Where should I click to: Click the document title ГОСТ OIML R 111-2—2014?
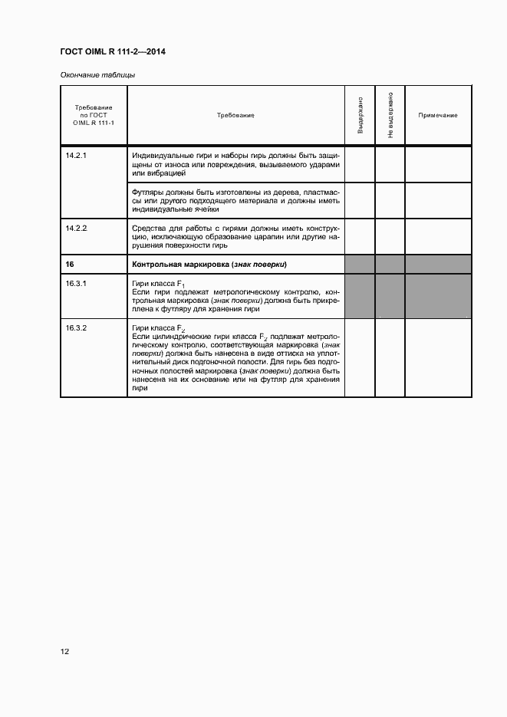pyautogui.click(x=113, y=51)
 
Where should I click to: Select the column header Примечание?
pyautogui.click(x=438, y=115)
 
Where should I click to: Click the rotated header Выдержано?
pyautogui.click(x=360, y=115)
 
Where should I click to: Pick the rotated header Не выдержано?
pyautogui.click(x=390, y=115)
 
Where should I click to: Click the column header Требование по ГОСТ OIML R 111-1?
pyautogui.click(x=94, y=115)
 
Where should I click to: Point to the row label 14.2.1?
pyautogui.click(x=77, y=156)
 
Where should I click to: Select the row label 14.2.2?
pyautogui.click(x=77, y=228)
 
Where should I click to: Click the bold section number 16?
pyautogui.click(x=70, y=264)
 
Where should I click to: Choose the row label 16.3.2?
pyautogui.click(x=77, y=328)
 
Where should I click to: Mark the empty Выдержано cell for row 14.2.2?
pyautogui.click(x=360, y=237)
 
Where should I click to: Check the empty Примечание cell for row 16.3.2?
pyautogui.click(x=438, y=358)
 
